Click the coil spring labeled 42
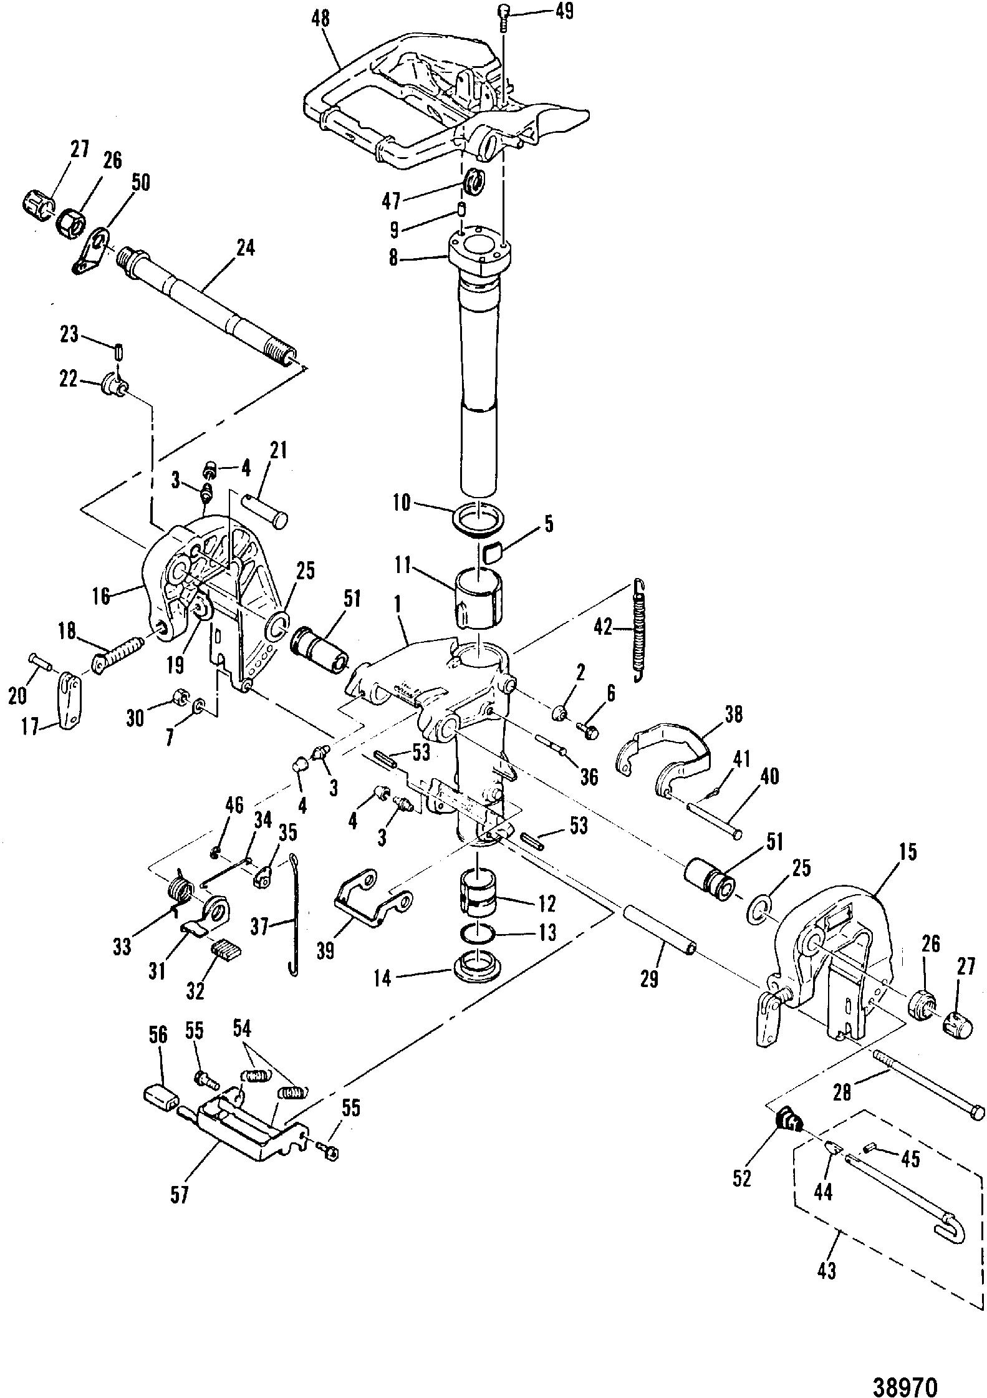coord(639,630)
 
